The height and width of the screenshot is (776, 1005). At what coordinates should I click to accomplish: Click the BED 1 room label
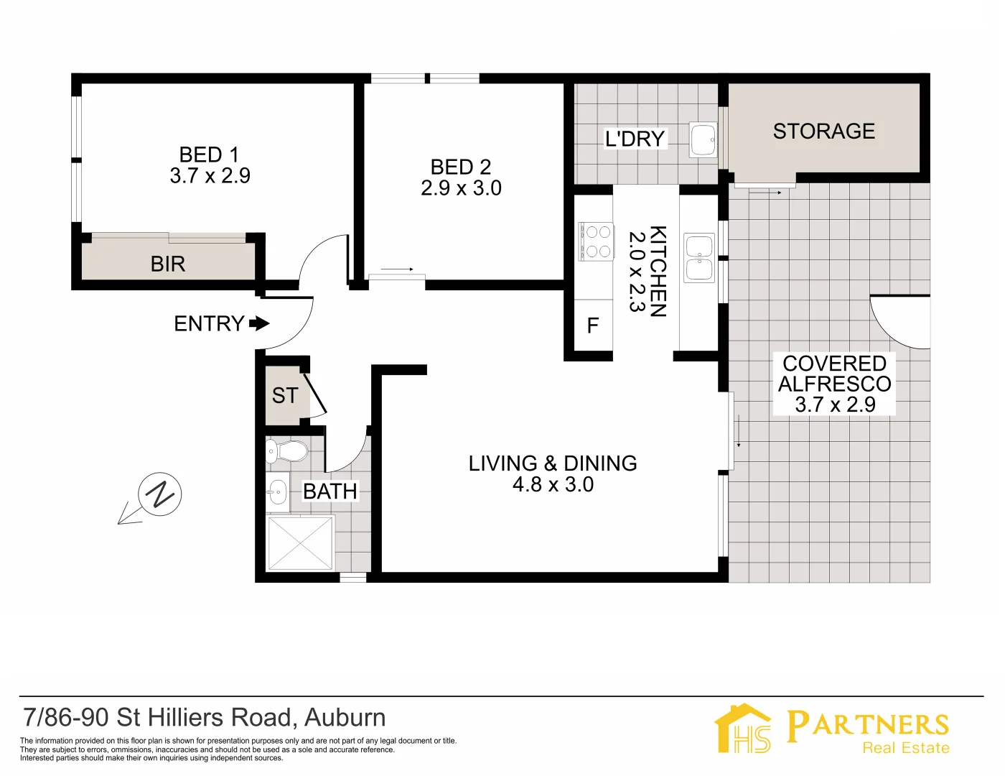[x=209, y=154]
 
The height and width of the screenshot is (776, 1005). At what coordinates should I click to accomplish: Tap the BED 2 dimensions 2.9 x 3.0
[x=461, y=188]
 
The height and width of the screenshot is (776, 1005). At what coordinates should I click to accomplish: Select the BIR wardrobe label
[x=168, y=264]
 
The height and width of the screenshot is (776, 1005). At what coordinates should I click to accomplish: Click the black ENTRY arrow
[x=259, y=324]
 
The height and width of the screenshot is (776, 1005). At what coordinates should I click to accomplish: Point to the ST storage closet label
[x=284, y=396]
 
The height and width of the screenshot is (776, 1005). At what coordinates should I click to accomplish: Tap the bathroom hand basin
[x=277, y=492]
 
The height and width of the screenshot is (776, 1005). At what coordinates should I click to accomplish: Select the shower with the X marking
[x=301, y=542]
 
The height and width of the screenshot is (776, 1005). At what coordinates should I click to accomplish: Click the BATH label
[x=329, y=491]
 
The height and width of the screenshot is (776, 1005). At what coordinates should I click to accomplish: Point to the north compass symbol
[x=159, y=495]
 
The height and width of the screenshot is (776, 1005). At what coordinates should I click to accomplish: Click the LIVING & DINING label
[x=553, y=463]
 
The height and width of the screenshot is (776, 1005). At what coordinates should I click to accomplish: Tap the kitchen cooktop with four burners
[x=597, y=241]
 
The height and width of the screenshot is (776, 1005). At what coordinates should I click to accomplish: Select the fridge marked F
[x=593, y=326]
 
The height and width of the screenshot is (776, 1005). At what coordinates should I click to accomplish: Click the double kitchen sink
[x=699, y=258]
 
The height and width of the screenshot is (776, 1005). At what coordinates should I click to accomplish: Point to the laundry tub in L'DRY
[x=703, y=139]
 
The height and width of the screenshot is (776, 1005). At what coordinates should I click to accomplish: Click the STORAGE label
[x=823, y=131]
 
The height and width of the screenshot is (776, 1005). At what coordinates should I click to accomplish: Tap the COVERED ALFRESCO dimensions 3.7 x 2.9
[x=835, y=405]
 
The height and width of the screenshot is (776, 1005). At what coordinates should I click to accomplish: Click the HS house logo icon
[x=744, y=729]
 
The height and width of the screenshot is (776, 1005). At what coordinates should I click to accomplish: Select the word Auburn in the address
[x=345, y=718]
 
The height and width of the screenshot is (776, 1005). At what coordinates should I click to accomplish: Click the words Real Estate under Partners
[x=905, y=748]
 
